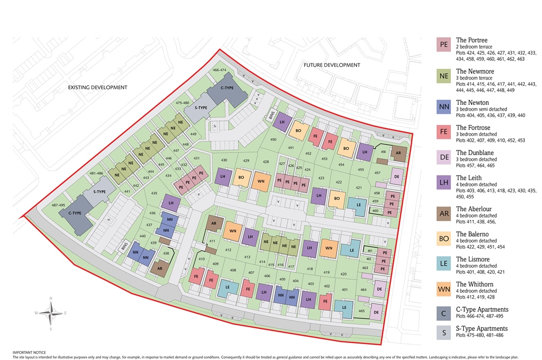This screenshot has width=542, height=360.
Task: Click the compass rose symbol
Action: pos(51,313)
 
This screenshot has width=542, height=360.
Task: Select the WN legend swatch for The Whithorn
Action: pos(444,290)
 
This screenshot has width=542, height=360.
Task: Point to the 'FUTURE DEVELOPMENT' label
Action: pos(331,65)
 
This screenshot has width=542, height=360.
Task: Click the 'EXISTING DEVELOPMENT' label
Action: pos(97,87)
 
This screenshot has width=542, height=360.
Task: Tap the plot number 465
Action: pos(362,311)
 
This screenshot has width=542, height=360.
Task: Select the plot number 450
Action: pos(273,139)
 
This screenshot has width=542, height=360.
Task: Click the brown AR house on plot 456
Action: pos(398,154)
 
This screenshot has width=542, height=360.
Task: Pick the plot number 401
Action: pos(345,290)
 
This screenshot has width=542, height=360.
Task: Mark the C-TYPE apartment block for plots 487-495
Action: pos(76,214)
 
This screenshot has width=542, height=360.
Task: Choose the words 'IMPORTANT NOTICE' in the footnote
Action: pos(29,352)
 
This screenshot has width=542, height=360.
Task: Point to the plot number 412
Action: pos(228,250)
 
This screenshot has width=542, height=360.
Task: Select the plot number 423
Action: pos(321,178)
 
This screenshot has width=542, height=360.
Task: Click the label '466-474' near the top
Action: pos(219,70)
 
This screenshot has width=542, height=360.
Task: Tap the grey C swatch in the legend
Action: pos(444,314)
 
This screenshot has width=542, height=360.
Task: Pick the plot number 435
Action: pos(155,194)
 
